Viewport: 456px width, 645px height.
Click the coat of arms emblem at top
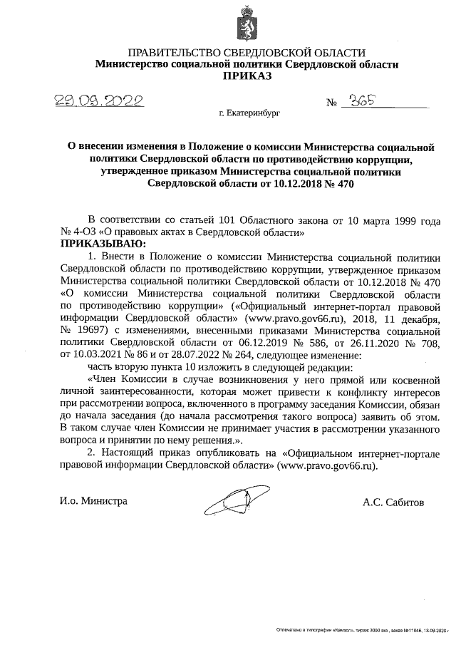click(x=247, y=24)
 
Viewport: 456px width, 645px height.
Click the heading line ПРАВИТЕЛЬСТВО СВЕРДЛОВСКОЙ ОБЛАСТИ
click(x=247, y=53)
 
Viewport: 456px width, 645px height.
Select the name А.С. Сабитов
click(x=393, y=501)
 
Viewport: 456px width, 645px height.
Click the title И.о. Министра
click(x=93, y=501)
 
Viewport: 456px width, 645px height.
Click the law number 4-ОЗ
click(x=83, y=232)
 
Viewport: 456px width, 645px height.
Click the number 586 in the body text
click(x=289, y=343)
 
